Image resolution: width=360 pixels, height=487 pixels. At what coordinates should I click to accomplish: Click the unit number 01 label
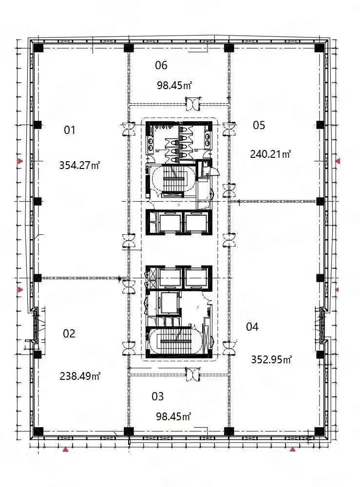[70, 130]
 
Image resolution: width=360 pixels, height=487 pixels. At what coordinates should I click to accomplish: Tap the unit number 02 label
[69, 334]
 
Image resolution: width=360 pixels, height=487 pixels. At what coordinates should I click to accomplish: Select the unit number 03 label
[157, 396]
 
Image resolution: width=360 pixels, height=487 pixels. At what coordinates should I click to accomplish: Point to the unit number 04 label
[252, 327]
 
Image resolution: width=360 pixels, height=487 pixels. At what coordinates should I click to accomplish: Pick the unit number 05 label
[259, 125]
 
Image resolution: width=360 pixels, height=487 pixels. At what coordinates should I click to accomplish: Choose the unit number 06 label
[161, 65]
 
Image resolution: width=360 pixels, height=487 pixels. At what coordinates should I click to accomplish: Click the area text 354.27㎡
[79, 165]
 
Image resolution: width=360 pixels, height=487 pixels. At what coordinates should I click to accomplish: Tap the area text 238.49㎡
[79, 376]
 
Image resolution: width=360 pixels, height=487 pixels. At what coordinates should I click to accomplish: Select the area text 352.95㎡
[271, 360]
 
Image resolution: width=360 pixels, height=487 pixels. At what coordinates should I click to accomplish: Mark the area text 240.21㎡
[270, 154]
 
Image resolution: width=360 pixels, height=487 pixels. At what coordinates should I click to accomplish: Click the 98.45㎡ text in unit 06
[174, 85]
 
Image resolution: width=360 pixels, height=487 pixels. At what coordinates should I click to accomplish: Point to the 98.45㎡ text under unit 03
[173, 416]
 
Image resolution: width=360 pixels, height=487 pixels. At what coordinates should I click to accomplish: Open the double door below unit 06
[193, 104]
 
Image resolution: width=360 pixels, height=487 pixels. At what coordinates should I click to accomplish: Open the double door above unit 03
[193, 374]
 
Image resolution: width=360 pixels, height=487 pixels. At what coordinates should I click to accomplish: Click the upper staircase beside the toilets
[173, 181]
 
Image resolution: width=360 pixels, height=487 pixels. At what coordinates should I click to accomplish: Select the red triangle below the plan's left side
[65, 450]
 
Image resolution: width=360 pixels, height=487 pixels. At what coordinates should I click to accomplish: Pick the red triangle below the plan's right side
[292, 450]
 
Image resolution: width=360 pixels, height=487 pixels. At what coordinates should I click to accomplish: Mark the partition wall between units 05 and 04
[273, 201]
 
